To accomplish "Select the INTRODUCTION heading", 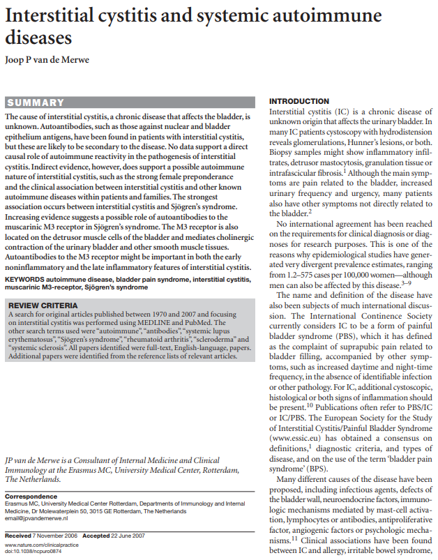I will pos(299,102).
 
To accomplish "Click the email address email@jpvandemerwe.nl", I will pos(36,519).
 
